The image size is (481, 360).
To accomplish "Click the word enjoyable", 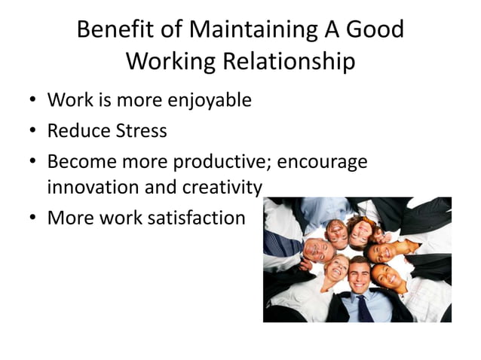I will [203, 99].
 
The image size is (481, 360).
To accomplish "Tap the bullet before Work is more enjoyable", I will [32, 99].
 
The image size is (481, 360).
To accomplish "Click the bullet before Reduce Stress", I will [32, 131].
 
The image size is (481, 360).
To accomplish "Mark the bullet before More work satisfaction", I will [32, 218].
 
